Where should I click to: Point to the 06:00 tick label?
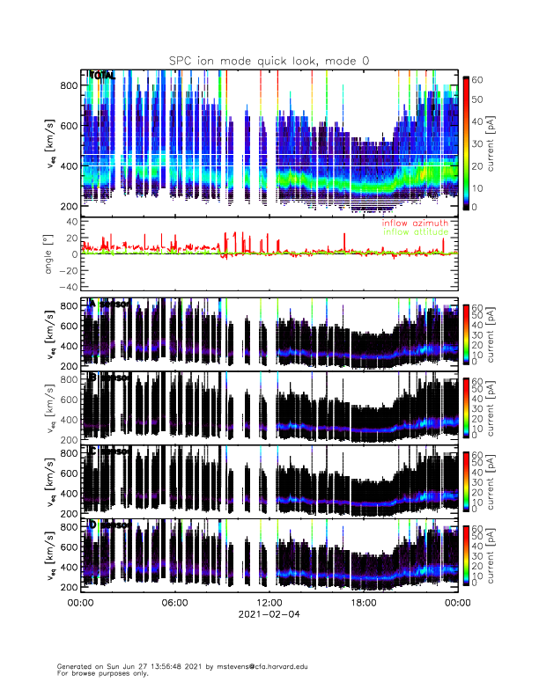(x=174, y=604)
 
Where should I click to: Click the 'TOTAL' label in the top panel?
(x=102, y=77)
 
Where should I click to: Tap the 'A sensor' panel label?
(x=110, y=304)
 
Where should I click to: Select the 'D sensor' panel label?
(x=110, y=525)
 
